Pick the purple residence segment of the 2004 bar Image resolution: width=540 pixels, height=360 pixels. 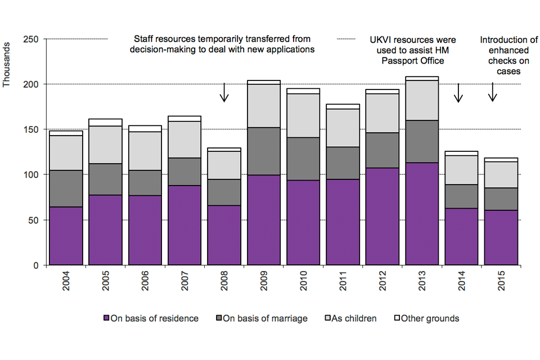(66, 236)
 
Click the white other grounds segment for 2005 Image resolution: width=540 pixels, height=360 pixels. (105, 122)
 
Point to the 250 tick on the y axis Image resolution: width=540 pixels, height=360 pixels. (30, 39)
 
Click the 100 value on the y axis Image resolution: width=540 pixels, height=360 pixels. (30, 174)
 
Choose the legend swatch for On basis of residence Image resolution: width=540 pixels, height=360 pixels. (107, 319)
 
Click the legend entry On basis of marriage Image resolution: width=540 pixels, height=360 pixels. (265, 319)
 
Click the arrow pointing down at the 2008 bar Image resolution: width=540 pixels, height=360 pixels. (224, 92)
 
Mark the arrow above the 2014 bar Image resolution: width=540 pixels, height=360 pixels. (458, 92)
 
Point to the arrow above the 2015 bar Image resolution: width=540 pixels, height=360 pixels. (493, 92)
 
